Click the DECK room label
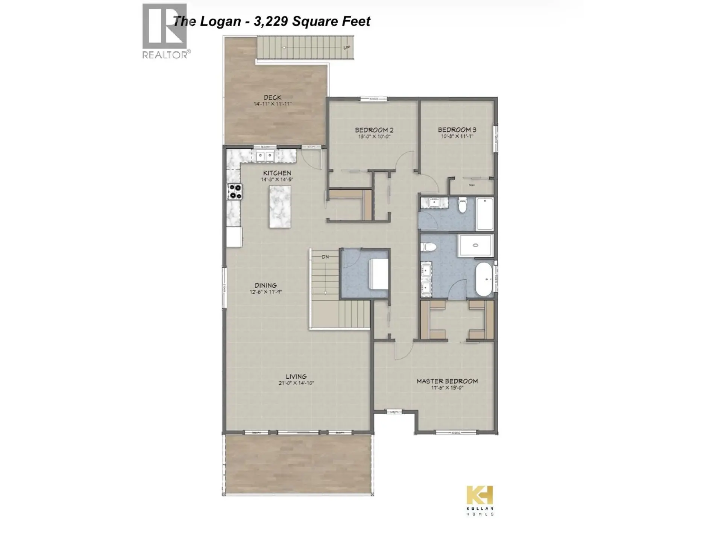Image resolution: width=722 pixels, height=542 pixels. tap(273, 97)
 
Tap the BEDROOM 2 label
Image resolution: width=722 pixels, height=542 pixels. tap(374, 130)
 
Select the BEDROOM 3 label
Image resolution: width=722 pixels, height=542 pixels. tap(457, 129)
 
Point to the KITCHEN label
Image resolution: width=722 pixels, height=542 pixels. tap(277, 173)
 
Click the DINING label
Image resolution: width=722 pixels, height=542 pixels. tap(265, 285)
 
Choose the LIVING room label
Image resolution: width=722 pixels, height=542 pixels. tap(296, 376)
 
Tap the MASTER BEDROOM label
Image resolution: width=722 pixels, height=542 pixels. tap(447, 381)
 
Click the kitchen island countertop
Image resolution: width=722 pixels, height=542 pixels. tap(280, 207)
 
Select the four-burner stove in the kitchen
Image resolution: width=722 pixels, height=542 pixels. tap(235, 191)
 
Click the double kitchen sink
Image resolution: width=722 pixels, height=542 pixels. tap(265, 155)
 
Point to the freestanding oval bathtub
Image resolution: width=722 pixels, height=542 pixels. tap(484, 279)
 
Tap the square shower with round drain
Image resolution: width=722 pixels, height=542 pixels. tap(475, 245)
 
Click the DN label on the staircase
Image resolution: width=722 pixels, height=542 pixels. tap(325, 257)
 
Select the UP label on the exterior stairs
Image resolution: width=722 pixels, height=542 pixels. tap(346, 47)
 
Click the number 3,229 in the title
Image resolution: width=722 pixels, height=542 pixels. tap(271, 21)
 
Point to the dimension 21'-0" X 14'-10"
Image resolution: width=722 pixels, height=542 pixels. tap(296, 383)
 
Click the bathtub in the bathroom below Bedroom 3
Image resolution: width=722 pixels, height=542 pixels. tap(485, 213)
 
